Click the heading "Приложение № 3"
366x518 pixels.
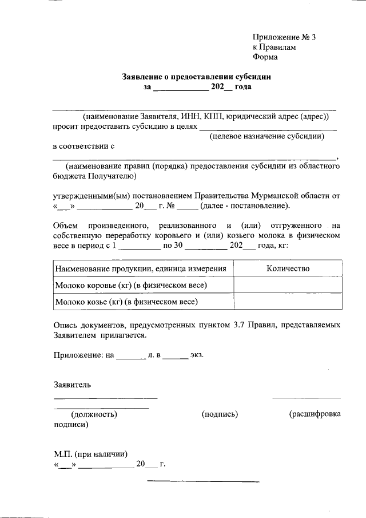point(284,37)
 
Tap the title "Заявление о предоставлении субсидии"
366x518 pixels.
point(196,76)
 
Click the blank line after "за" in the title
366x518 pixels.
point(181,88)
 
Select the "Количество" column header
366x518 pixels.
point(288,268)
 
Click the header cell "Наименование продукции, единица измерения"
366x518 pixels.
point(140,268)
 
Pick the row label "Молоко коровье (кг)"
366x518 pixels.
point(130,284)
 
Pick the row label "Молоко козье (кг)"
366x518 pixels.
point(126,300)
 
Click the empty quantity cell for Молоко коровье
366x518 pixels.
point(288,284)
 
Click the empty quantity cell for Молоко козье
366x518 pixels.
point(288,300)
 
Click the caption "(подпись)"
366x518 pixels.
point(220,414)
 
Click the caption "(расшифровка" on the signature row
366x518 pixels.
point(315,414)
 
